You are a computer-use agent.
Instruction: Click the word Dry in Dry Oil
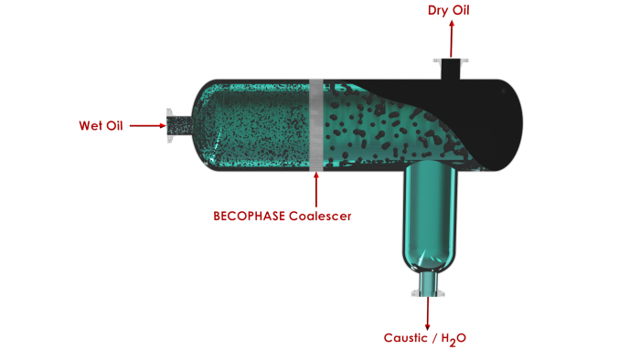coord(439,11)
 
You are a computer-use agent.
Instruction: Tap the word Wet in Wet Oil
coord(90,126)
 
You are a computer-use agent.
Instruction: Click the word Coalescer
coord(320,217)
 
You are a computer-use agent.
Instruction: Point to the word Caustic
coord(403,338)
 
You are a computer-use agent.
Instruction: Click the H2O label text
coord(454,339)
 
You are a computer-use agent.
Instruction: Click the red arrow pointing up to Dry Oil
coord(450,37)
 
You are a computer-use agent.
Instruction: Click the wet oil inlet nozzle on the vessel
coord(176,126)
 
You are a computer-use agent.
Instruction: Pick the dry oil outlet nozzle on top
coord(450,69)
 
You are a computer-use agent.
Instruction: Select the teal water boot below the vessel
coord(426,219)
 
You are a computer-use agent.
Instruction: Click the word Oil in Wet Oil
coord(114,126)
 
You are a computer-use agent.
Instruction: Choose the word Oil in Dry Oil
coord(462,11)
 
